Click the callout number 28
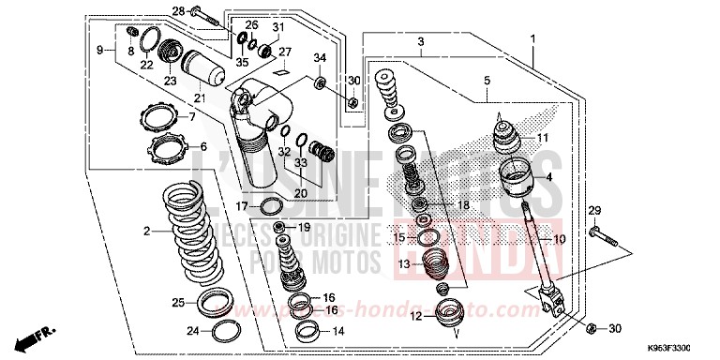click(179, 11)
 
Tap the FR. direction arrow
click(42, 333)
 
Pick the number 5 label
click(487, 82)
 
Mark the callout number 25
click(177, 302)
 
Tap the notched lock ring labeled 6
click(167, 148)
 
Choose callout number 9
click(99, 49)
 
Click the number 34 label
click(320, 57)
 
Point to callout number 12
click(414, 316)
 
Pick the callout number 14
click(337, 331)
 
